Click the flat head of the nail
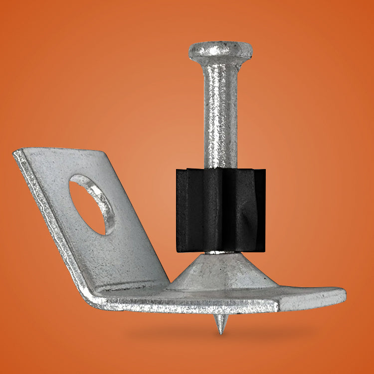pyautogui.click(x=220, y=50)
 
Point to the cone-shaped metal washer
pyautogui.click(x=219, y=272)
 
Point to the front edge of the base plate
pyautogui.click(x=199, y=306)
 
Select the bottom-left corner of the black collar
pyautogui.click(x=179, y=249)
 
